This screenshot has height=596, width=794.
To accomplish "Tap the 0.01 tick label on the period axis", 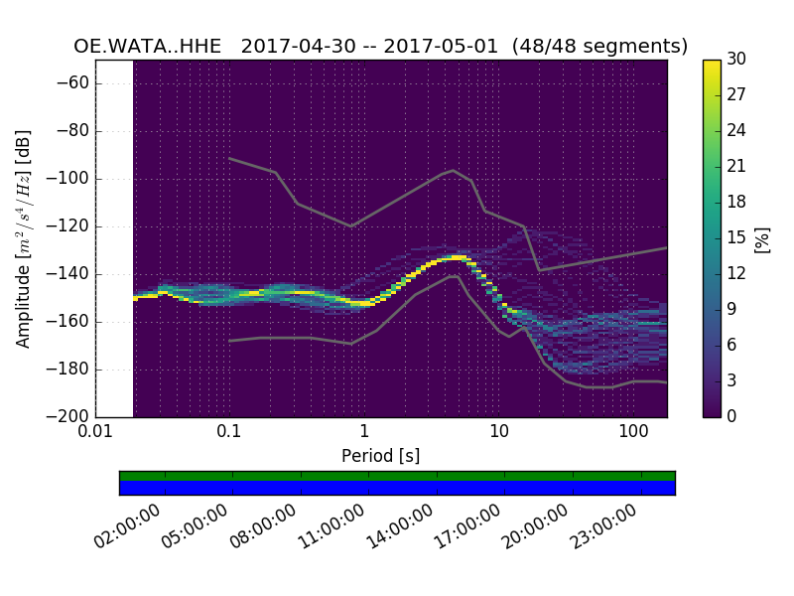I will [x=95, y=433].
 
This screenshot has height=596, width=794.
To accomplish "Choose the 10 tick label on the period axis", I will [x=499, y=433].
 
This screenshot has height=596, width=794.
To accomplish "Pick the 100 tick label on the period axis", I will [x=633, y=433].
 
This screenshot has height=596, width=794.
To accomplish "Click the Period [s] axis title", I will [x=380, y=456].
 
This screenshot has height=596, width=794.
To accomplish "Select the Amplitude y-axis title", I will [x=24, y=238].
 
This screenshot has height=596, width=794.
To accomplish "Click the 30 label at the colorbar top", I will [x=735, y=60].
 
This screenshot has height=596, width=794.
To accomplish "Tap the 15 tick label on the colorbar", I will [x=735, y=237].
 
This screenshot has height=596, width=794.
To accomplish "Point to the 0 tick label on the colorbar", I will [x=731, y=416].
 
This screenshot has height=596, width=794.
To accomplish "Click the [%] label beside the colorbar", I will [x=763, y=238].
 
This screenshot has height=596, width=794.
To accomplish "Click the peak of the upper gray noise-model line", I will [x=454, y=170].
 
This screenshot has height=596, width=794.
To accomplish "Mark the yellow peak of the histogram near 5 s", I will [x=458, y=257].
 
